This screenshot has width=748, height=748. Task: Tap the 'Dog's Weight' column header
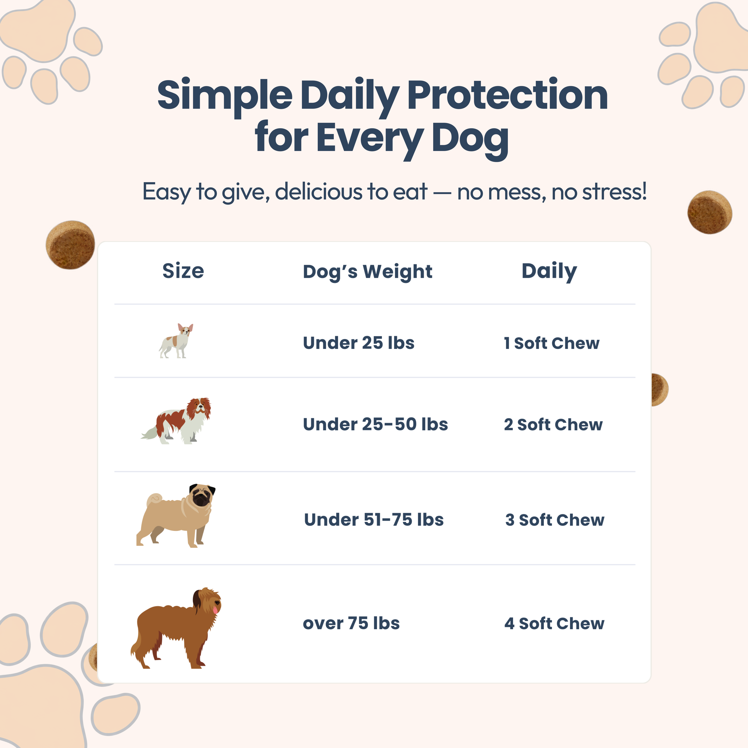367,272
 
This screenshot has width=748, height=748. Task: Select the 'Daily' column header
549,271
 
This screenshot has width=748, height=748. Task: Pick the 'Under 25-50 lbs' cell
375,424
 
